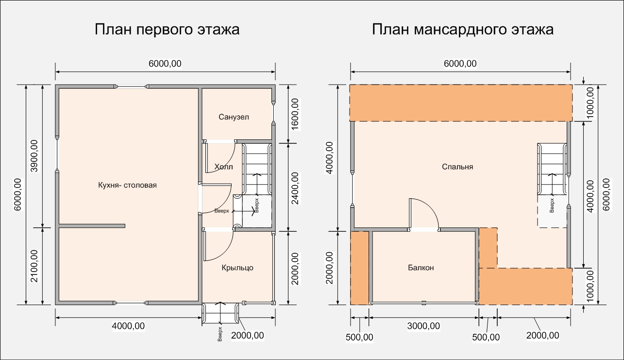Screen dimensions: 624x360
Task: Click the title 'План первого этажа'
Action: pyautogui.click(x=167, y=30)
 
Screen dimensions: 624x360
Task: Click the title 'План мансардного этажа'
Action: pyautogui.click(x=463, y=30)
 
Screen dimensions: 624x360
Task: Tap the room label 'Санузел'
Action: pyautogui.click(x=234, y=117)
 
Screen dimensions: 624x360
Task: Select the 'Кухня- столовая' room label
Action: pyautogui.click(x=127, y=185)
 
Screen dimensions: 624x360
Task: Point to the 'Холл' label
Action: pyautogui.click(x=224, y=167)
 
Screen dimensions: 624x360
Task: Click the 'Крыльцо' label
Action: pyautogui.click(x=237, y=268)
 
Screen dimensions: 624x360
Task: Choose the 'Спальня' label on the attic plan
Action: pyautogui.click(x=457, y=167)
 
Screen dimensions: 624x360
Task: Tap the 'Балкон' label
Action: pyautogui.click(x=421, y=268)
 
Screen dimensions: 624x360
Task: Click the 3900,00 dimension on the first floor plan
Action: pyautogui.click(x=34, y=156)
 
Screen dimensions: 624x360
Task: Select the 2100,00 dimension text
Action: pyautogui.click(x=34, y=266)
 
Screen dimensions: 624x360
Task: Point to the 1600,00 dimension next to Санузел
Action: pyautogui.click(x=295, y=114)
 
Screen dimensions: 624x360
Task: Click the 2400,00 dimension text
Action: pyautogui.click(x=295, y=189)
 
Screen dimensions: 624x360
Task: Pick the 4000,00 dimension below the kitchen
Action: pyautogui.click(x=128, y=326)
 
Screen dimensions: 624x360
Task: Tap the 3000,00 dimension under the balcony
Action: pyautogui.click(x=423, y=326)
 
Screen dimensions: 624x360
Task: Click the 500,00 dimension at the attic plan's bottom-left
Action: pyautogui.click(x=359, y=337)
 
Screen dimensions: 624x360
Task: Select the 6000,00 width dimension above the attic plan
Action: pyautogui.click(x=460, y=64)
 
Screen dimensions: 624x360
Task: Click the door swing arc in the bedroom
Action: pyautogui.click(x=430, y=206)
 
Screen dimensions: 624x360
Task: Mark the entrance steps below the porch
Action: pyautogui.click(x=220, y=313)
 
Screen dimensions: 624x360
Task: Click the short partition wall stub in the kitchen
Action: pyautogui.click(x=92, y=226)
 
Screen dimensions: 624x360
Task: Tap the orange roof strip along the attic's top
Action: pyautogui.click(x=461, y=103)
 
